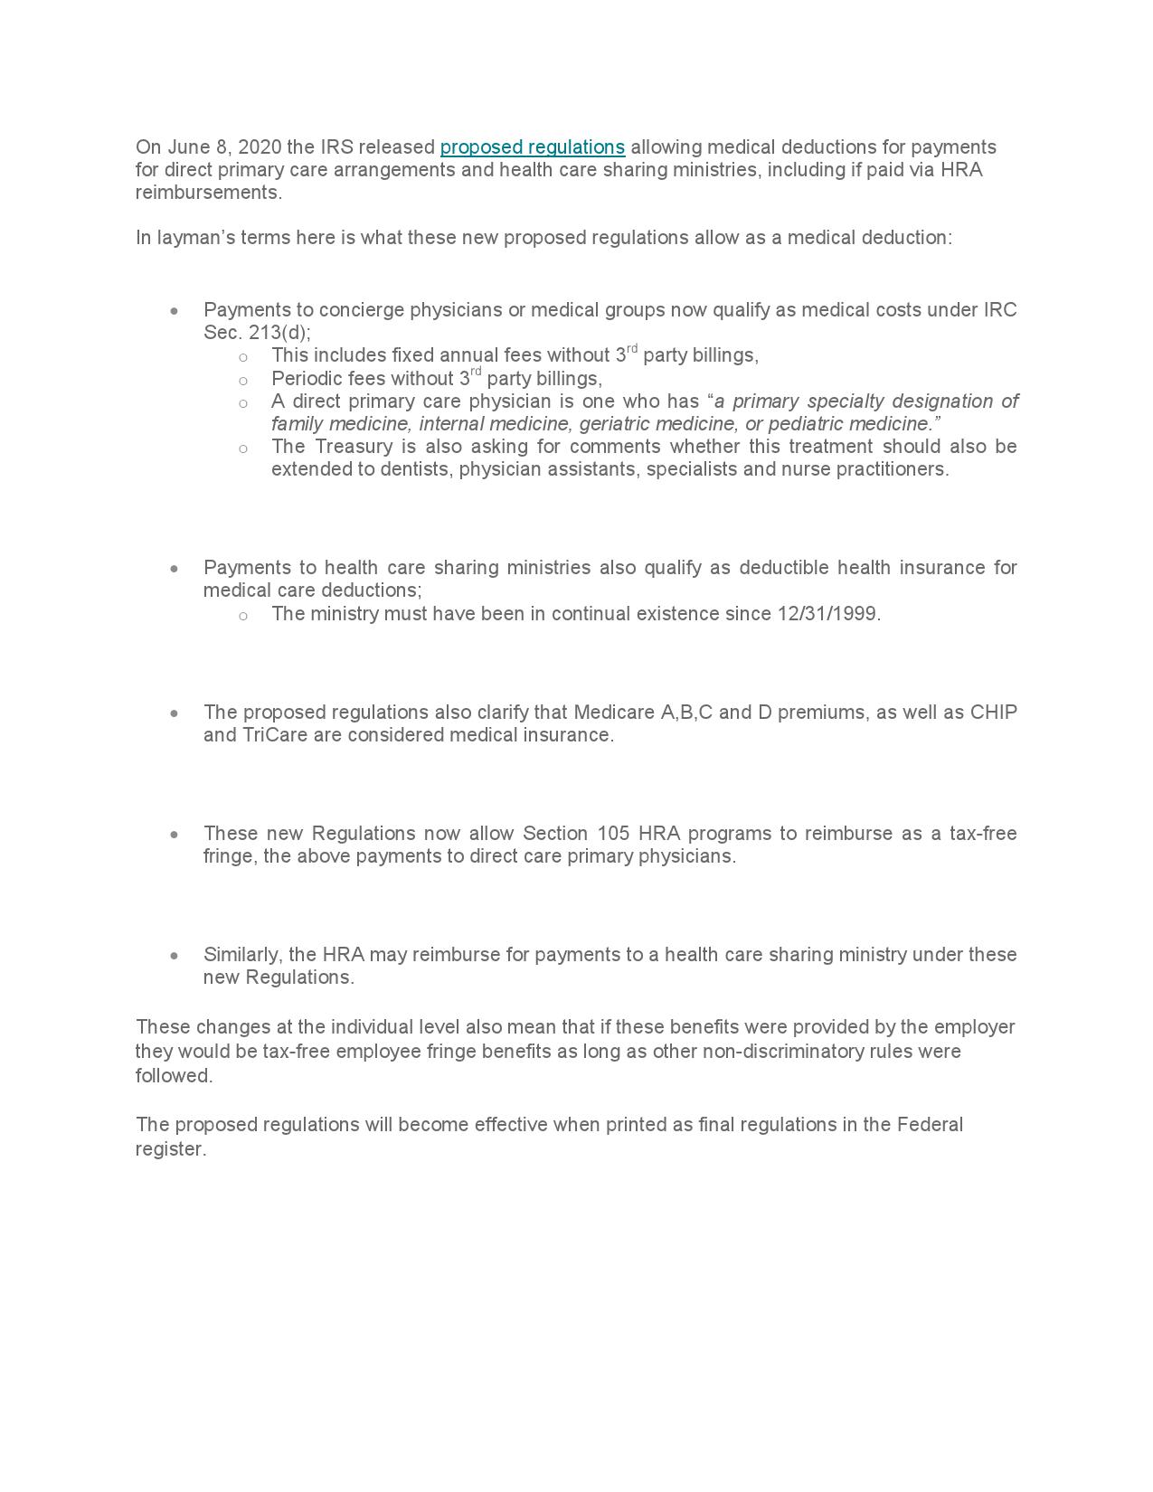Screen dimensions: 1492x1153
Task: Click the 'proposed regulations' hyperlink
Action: click(x=532, y=147)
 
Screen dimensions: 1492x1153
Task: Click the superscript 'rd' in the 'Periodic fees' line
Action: click(x=476, y=373)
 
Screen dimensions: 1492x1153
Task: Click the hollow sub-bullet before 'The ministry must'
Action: click(x=243, y=616)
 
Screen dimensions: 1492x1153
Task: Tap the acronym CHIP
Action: click(x=993, y=713)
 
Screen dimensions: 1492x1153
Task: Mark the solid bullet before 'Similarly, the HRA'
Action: click(x=175, y=956)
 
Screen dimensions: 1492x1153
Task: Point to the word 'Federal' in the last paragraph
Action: click(x=930, y=1125)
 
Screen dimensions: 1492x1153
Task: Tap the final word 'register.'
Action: click(x=171, y=1149)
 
